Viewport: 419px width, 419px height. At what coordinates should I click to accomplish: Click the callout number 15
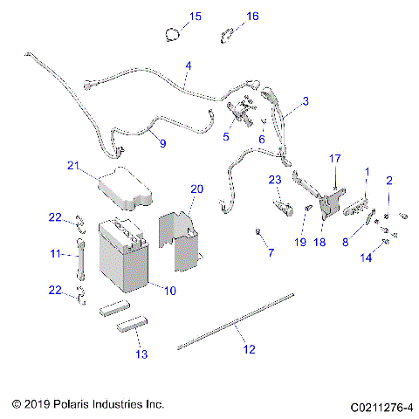195,17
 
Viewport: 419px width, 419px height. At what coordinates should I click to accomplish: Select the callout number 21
73,165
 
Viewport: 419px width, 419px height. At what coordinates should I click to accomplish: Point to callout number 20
196,188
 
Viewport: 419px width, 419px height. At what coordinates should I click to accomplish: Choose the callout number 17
334,158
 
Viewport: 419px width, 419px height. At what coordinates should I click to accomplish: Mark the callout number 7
270,252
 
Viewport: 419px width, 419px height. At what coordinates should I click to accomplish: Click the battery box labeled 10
127,258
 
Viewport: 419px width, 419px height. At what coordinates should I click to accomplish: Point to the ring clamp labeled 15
174,34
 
